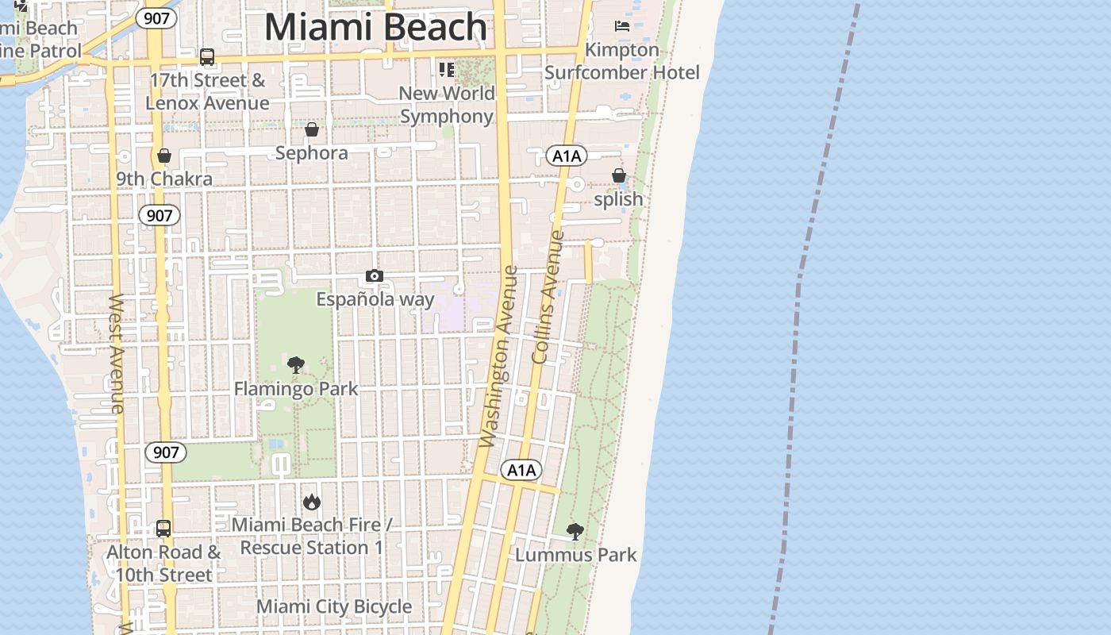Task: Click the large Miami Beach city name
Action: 375,27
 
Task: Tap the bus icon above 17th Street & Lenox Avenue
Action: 207,57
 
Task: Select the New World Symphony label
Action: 447,105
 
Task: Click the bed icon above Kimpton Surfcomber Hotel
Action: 622,26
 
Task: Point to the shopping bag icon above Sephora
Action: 312,129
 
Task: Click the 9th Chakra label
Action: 164,179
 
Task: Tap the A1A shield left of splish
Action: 567,156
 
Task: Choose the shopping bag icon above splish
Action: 618,175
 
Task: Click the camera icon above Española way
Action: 375,276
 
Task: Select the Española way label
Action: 375,299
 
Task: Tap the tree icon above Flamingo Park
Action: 296,365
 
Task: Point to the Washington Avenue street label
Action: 499,356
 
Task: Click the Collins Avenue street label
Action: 548,297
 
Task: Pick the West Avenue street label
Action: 117,353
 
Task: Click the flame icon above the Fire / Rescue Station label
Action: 311,502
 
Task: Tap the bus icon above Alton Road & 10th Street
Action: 163,529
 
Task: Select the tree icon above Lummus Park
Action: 575,532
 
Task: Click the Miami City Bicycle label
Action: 334,607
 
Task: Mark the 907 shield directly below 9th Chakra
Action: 160,215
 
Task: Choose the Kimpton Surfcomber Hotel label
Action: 622,61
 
